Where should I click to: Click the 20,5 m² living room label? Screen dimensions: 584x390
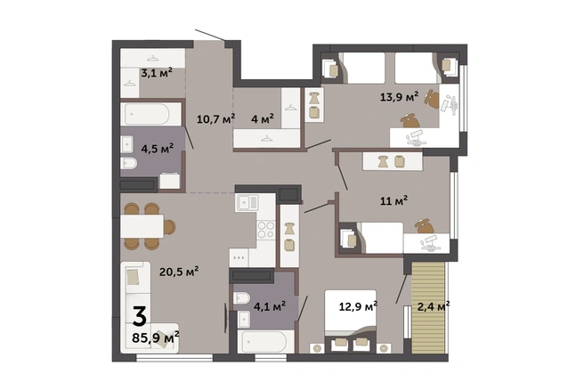[179, 272]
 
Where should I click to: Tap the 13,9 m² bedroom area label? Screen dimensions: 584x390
[399, 97]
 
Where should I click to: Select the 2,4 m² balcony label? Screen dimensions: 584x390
[434, 306]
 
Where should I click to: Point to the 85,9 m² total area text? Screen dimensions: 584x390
[156, 337]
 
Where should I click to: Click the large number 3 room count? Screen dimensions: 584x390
[140, 316]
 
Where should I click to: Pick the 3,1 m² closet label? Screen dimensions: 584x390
[157, 73]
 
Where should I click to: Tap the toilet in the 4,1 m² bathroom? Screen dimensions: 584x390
[241, 298]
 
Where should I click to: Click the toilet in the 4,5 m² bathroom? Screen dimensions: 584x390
[129, 163]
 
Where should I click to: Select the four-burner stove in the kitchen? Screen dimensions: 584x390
[266, 230]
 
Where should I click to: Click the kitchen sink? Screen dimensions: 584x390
[247, 202]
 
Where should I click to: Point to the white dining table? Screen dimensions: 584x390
[142, 226]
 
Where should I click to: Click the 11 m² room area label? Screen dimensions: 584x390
[393, 200]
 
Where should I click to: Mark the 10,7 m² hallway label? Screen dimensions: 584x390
[216, 118]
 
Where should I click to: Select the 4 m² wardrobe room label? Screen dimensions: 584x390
[263, 118]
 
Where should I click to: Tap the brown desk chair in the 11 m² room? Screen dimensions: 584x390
[425, 226]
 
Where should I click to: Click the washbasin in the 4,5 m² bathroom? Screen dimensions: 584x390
[127, 144]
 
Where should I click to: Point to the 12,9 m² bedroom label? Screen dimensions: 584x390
[358, 306]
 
